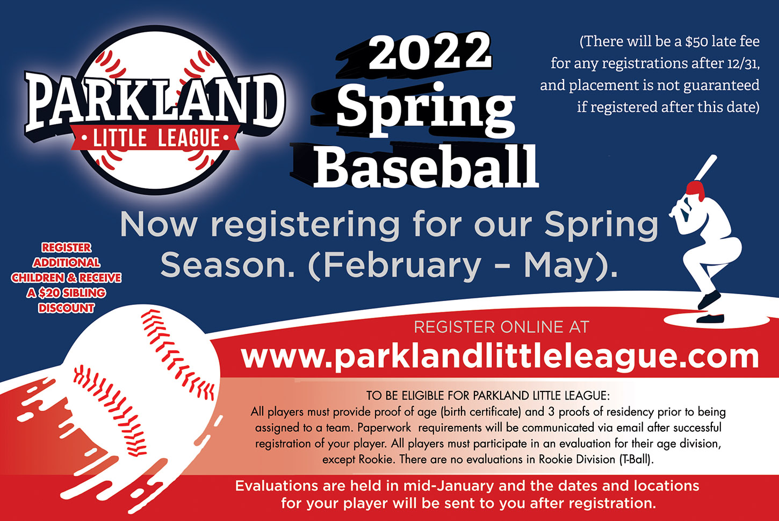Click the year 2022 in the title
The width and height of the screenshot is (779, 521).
coord(430,52)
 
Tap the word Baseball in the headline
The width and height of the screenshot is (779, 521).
coord(426,166)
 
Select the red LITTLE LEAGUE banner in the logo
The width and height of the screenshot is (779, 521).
coord(155,138)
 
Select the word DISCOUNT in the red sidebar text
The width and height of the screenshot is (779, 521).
coord(66,309)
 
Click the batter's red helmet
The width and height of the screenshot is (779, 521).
coord(695,190)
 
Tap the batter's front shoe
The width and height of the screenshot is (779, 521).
coord(710,318)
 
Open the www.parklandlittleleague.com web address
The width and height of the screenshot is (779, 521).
coord(500,357)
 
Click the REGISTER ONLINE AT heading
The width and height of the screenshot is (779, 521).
coord(501,327)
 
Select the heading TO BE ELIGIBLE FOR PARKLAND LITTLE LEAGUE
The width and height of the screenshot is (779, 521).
coord(488,396)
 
